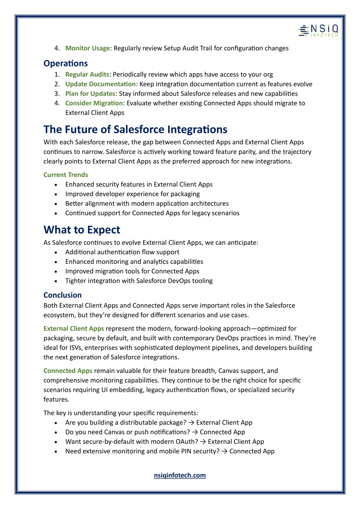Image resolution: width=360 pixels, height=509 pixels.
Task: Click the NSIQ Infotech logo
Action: point(318,31)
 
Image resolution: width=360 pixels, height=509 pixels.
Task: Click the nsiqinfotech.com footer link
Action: point(180,475)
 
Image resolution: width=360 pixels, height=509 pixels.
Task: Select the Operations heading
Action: point(65,63)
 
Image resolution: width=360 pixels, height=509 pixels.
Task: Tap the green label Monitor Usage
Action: point(88,48)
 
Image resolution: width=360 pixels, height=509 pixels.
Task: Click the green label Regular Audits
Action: point(87,74)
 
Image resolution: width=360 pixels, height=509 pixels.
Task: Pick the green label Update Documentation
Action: point(100,84)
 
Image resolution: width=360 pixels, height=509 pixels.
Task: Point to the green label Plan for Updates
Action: point(90,94)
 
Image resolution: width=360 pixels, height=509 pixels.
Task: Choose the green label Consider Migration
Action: point(94,103)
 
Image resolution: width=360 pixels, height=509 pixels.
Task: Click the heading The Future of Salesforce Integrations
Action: point(135,129)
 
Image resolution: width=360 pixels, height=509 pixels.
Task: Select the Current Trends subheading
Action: point(66,175)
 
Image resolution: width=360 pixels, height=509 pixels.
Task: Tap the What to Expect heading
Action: point(82,230)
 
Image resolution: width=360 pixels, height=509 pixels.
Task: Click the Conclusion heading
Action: point(63,295)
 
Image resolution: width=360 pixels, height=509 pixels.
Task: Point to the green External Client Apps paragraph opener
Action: point(74,329)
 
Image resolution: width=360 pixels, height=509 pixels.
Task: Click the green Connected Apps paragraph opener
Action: point(68,371)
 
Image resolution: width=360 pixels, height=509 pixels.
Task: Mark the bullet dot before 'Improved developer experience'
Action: point(56,194)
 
